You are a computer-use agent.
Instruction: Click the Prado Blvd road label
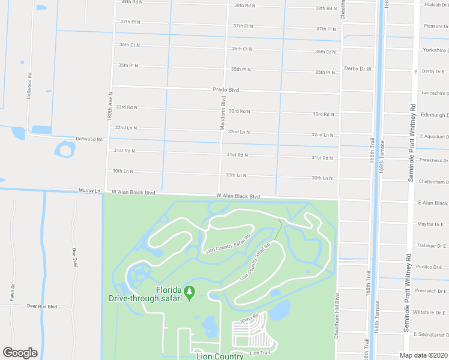pos(226,90)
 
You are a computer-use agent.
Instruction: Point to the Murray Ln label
pos(89,190)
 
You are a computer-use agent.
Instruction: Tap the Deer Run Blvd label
pos(41,306)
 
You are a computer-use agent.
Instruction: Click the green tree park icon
pos(190,293)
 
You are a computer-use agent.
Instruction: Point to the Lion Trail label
pos(261,353)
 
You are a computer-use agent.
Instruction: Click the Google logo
pos(20,353)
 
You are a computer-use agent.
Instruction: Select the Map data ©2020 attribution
pos(422,355)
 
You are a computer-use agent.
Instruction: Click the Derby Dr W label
pos(358,69)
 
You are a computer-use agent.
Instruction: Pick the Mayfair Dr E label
pos(433,224)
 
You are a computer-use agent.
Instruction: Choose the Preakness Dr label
pos(434,160)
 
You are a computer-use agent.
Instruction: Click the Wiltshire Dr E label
pos(431,312)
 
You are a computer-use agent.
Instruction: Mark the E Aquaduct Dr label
pos(434,137)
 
